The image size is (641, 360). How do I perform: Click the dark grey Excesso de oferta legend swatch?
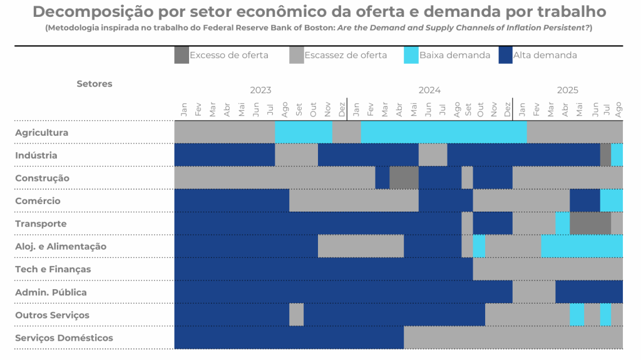point(181,55)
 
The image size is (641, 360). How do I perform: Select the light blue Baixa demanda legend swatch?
point(411,55)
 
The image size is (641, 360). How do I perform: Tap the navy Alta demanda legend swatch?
point(505,55)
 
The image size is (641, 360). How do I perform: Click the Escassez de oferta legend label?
point(346,55)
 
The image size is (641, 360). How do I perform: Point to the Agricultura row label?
point(41,133)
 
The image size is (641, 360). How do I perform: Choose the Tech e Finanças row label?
point(53,269)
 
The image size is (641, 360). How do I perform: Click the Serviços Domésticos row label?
point(64,338)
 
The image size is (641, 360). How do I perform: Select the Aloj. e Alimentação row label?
point(61,247)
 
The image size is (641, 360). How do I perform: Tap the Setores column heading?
point(95,84)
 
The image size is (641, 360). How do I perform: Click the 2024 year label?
point(429,90)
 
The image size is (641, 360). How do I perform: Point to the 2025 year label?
point(568,90)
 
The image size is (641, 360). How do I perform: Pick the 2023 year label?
point(260,90)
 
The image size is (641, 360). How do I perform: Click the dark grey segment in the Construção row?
point(404,178)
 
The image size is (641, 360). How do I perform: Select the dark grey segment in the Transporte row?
point(590,224)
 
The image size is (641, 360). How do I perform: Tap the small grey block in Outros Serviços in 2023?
point(296,314)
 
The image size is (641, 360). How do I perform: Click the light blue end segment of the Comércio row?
point(611,200)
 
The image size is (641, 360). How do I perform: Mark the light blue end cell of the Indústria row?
point(617,155)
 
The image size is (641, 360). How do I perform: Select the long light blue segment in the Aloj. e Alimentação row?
point(582,246)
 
